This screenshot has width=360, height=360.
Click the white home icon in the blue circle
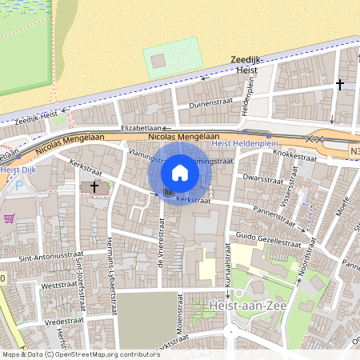[x=180, y=172]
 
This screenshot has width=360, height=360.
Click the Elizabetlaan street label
[x=141, y=127]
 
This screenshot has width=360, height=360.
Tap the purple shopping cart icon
[x=9, y=218]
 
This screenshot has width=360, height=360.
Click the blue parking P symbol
[x=18, y=184]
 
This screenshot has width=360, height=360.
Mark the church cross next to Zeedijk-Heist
[x=339, y=84]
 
